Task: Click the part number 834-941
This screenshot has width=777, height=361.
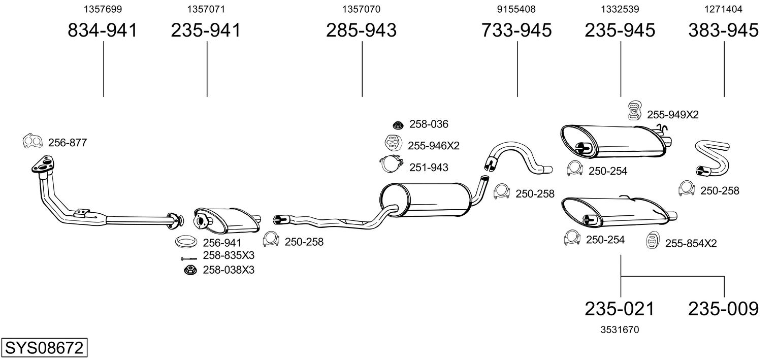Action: pos(103,30)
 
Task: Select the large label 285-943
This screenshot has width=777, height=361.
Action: pos(361,30)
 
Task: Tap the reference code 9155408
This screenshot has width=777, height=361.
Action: pos(516,9)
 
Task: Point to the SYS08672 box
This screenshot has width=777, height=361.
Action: pos(44,348)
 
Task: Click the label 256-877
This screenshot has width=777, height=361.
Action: pos(68,143)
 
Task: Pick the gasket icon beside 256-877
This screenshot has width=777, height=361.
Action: pos(33,141)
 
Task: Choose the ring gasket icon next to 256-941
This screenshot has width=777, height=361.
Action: pos(184,241)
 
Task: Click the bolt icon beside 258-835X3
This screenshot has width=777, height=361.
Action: pos(189,259)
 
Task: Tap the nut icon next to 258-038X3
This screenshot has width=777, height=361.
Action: pos(190,270)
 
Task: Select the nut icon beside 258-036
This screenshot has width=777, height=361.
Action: pos(398,125)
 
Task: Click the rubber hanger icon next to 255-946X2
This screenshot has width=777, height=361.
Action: pos(394,143)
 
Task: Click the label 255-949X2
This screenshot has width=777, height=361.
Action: pos(672,114)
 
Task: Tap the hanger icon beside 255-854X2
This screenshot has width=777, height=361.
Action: pos(653,241)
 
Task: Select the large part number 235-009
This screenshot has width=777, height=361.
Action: pos(723,309)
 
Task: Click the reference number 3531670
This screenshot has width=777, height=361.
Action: pos(620,330)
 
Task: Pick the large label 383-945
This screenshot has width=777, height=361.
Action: pos(723,30)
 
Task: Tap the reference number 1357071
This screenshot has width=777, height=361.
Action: pos(206,9)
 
